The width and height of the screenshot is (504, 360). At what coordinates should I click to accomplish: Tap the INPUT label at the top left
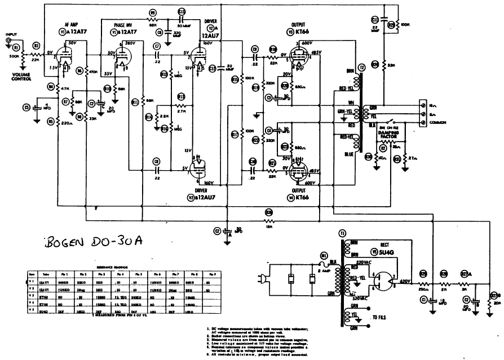tap(11, 34)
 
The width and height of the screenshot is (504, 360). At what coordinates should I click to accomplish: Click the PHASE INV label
tap(126, 25)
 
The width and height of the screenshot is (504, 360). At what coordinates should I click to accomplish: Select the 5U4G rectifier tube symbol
tap(386, 277)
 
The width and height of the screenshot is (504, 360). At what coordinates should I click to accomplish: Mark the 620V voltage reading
tap(406, 281)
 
